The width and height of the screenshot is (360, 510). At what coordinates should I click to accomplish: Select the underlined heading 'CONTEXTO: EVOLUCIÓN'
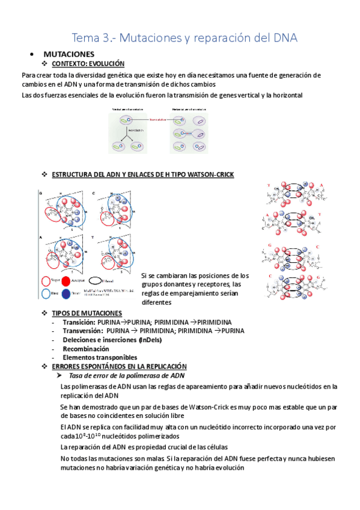[x=88, y=64]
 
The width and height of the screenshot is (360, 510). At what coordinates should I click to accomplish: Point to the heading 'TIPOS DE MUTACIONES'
[x=87, y=314]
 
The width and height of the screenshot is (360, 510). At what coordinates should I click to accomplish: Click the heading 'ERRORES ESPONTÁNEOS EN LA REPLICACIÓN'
[x=119, y=366]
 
